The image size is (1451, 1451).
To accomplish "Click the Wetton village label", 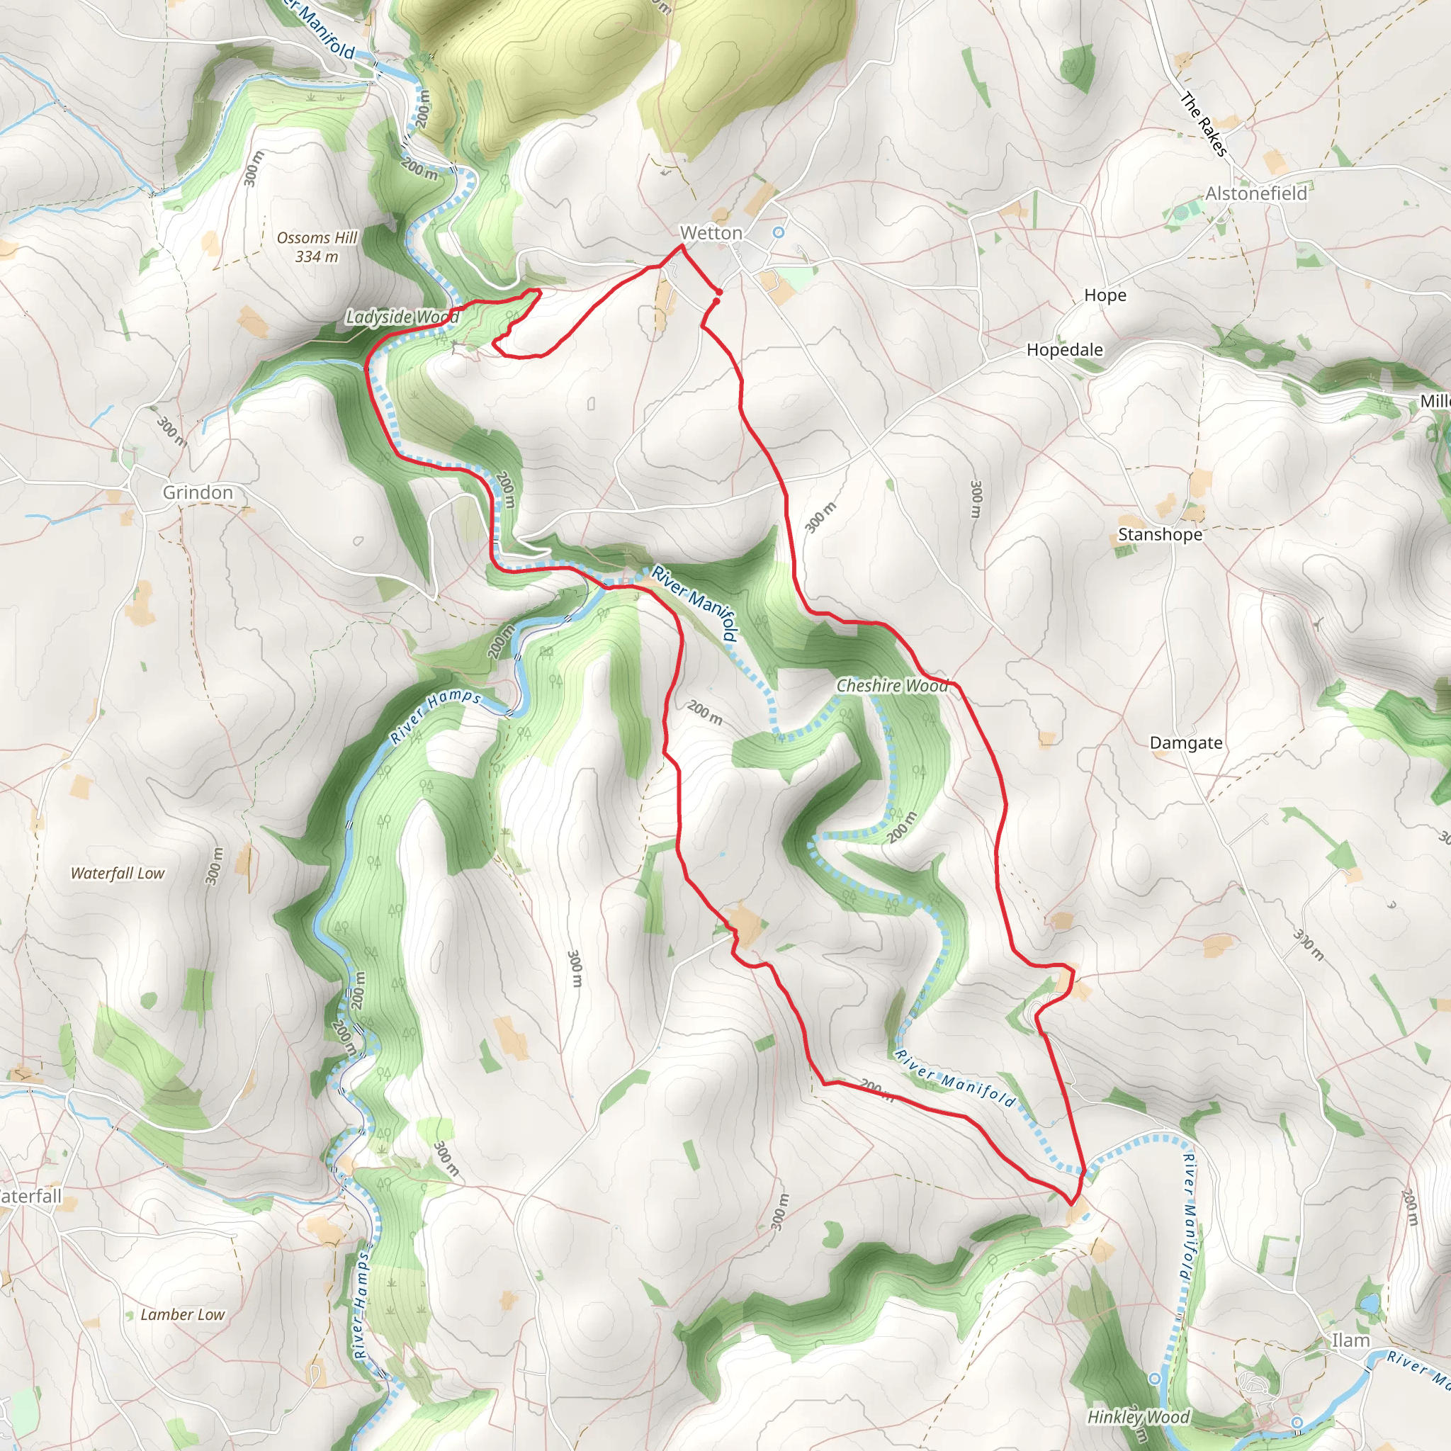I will [x=711, y=233].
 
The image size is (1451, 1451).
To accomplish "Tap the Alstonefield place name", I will [x=1255, y=193].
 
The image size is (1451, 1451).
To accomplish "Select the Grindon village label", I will [x=198, y=492].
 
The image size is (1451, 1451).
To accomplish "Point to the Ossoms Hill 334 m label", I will [x=317, y=247].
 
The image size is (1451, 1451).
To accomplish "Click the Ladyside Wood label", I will [x=402, y=317].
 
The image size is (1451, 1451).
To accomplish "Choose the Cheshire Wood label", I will [x=892, y=685].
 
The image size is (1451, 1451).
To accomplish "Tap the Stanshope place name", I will [x=1160, y=534].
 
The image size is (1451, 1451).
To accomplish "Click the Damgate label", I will [x=1186, y=743].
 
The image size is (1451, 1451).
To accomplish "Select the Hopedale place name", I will [x=1064, y=349].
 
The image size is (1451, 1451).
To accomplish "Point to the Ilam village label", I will [x=1350, y=1340].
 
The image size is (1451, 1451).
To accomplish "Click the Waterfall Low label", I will [x=117, y=873].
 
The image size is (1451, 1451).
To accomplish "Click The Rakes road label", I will [x=1203, y=124].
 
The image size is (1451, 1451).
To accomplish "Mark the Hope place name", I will [x=1105, y=295].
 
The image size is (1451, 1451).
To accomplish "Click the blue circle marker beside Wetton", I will [x=779, y=233].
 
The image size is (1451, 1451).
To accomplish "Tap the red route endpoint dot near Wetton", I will [x=718, y=292].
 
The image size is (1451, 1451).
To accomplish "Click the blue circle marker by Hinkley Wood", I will [x=1154, y=1378].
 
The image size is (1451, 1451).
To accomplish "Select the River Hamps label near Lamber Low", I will [x=362, y=1303].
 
